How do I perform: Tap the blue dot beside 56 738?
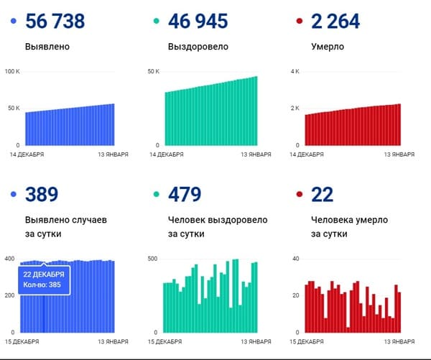14,22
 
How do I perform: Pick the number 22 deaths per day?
322,194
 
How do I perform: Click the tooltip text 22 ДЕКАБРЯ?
44,274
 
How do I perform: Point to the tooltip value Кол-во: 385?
44,284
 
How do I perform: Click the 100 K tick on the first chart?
13,72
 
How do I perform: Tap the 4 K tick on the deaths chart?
294,72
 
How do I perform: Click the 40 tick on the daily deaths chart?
295,258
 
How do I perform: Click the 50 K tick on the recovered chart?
153,72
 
